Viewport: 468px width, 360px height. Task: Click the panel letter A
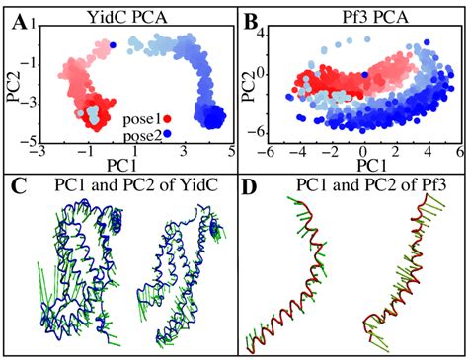pos(19,23)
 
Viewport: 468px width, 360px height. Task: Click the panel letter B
pos(252,23)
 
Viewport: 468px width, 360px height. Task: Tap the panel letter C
pos(19,186)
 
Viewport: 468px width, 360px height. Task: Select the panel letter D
pos(250,186)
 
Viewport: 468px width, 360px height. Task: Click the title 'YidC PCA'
pos(127,17)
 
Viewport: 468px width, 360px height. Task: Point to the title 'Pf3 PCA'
pos(375,17)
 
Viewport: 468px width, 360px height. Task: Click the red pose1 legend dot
pos(167,119)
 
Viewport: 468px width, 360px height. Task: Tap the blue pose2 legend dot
pos(167,134)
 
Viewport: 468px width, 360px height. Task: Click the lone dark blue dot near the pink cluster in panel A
pos(113,45)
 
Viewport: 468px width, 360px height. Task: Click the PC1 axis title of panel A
pos(121,166)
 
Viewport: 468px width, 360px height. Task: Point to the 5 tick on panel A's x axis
pos(231,152)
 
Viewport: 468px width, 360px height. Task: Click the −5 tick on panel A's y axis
pos(31,142)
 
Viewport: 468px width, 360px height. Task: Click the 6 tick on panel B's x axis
pos(459,153)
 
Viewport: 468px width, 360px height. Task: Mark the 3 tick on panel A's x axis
pos(183,152)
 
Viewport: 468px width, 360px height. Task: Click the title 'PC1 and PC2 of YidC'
pos(136,185)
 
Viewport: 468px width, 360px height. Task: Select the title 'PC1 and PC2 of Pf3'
pos(371,185)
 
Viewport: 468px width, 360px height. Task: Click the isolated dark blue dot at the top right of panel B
pos(427,42)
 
